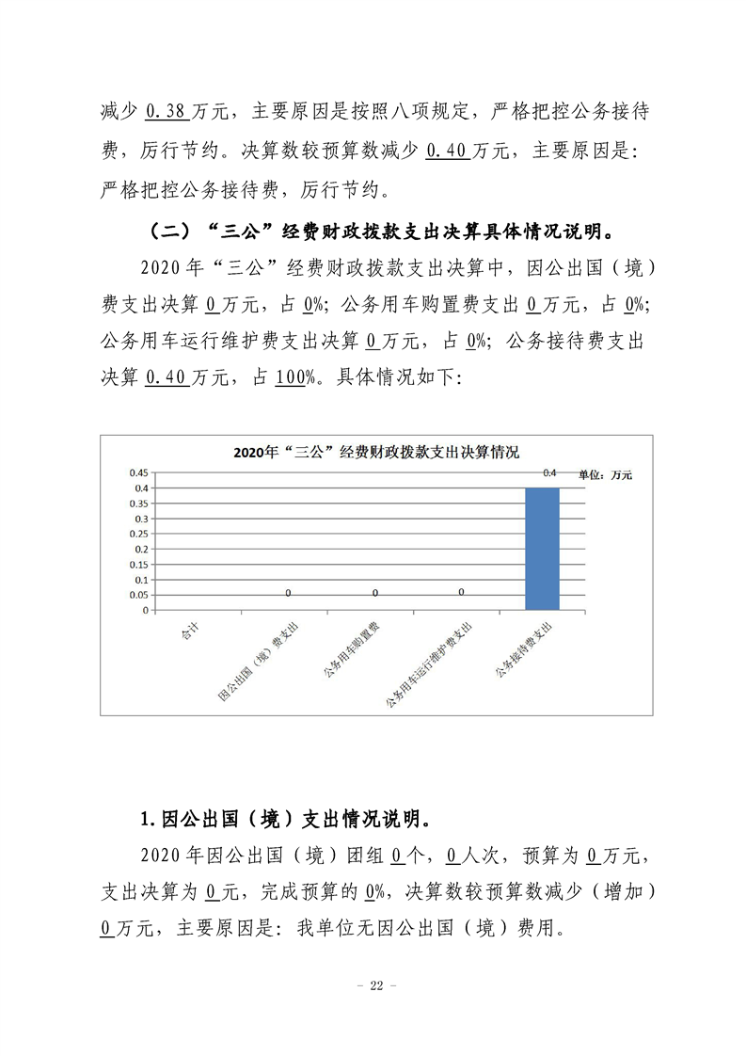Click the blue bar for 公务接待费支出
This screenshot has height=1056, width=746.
point(542,548)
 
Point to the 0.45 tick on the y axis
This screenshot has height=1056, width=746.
point(137,472)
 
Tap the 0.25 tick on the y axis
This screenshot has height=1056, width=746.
point(137,534)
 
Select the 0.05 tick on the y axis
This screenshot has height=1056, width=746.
point(137,595)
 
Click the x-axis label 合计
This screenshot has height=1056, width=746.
point(190,632)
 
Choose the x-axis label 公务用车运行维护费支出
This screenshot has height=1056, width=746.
point(428,664)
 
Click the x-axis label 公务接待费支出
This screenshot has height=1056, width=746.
point(523,650)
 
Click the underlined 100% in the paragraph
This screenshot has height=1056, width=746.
point(294,377)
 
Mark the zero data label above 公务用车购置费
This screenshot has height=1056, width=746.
point(375,593)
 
